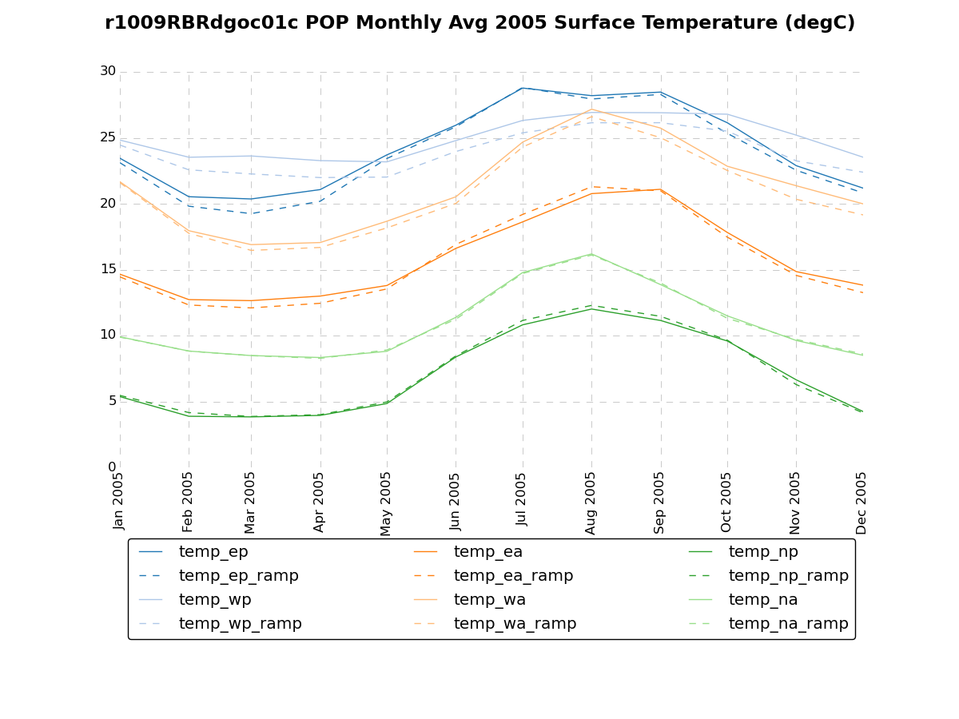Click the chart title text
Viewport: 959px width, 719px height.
click(x=479, y=23)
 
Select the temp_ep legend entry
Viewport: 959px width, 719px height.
click(x=213, y=552)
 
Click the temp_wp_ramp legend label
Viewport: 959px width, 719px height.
click(x=240, y=624)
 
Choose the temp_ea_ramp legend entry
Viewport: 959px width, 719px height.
click(x=513, y=576)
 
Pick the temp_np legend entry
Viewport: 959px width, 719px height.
click(x=763, y=552)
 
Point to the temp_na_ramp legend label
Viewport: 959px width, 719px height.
click(x=788, y=624)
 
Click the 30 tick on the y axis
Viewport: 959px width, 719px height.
click(x=108, y=71)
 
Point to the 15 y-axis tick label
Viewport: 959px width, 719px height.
click(x=108, y=269)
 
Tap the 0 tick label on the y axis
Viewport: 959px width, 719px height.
click(x=112, y=467)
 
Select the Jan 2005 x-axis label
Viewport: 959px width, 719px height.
click(x=120, y=501)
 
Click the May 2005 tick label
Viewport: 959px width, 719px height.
click(x=387, y=503)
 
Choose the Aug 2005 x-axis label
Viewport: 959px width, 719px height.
click(x=591, y=503)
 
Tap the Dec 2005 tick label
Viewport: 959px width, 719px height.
click(x=862, y=503)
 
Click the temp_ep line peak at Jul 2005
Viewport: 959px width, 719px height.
click(x=523, y=88)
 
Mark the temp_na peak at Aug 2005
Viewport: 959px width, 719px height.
click(x=591, y=254)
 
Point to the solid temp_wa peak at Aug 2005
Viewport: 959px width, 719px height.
click(x=591, y=109)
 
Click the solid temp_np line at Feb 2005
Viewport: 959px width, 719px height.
click(x=189, y=416)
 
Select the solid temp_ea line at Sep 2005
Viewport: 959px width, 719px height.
click(x=659, y=189)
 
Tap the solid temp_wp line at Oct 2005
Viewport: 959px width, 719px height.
click(x=727, y=114)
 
